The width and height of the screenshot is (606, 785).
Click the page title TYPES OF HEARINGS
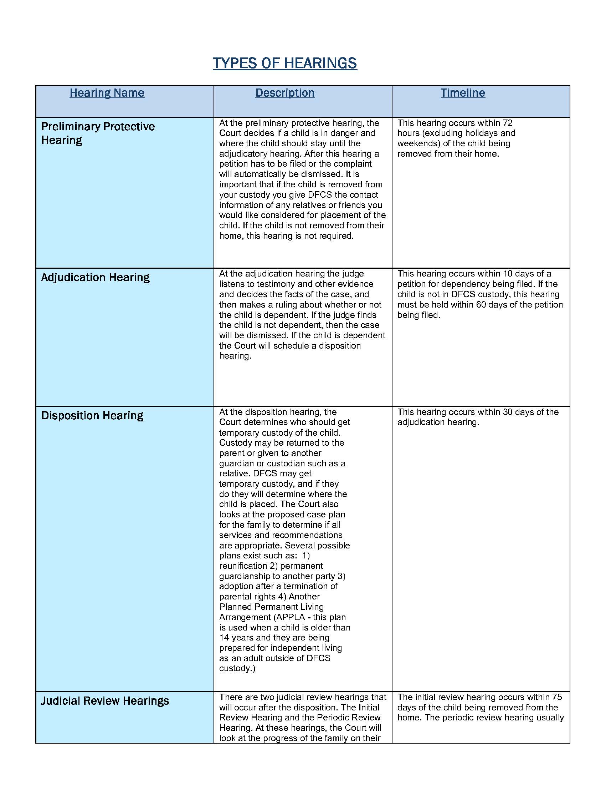click(285, 63)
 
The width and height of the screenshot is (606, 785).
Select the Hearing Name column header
click(107, 93)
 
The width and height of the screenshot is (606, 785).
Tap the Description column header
click(285, 93)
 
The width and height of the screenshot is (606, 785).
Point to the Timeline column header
click(463, 93)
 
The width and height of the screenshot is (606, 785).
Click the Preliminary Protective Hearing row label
click(98, 133)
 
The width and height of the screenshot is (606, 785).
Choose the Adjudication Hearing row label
click(95, 278)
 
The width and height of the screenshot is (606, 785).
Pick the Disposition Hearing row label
click(92, 415)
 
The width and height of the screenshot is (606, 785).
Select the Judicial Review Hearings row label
click(104, 701)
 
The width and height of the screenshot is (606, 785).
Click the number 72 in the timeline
click(507, 123)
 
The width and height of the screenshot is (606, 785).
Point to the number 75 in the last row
click(557, 697)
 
